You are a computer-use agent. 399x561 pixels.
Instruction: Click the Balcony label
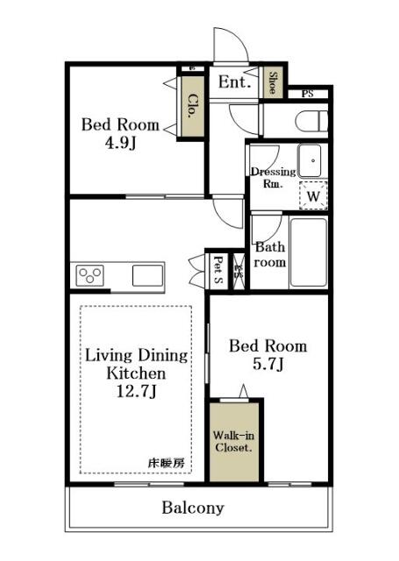click(192, 508)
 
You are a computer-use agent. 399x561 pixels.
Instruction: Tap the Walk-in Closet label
click(234, 441)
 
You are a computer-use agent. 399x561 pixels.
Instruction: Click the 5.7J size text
click(269, 363)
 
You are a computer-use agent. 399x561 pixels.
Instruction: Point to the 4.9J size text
click(121, 142)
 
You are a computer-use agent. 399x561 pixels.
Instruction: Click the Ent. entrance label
click(234, 82)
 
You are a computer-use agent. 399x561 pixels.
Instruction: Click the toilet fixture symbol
click(311, 118)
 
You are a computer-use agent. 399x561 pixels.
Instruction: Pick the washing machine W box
click(313, 196)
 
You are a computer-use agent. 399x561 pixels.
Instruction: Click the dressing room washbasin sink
click(311, 160)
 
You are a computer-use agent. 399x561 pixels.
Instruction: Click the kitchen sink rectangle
click(147, 275)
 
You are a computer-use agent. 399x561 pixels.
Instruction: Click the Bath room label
click(270, 255)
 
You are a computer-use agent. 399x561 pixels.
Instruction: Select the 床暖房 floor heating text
click(166, 463)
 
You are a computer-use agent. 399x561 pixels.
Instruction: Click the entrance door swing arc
click(226, 44)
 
